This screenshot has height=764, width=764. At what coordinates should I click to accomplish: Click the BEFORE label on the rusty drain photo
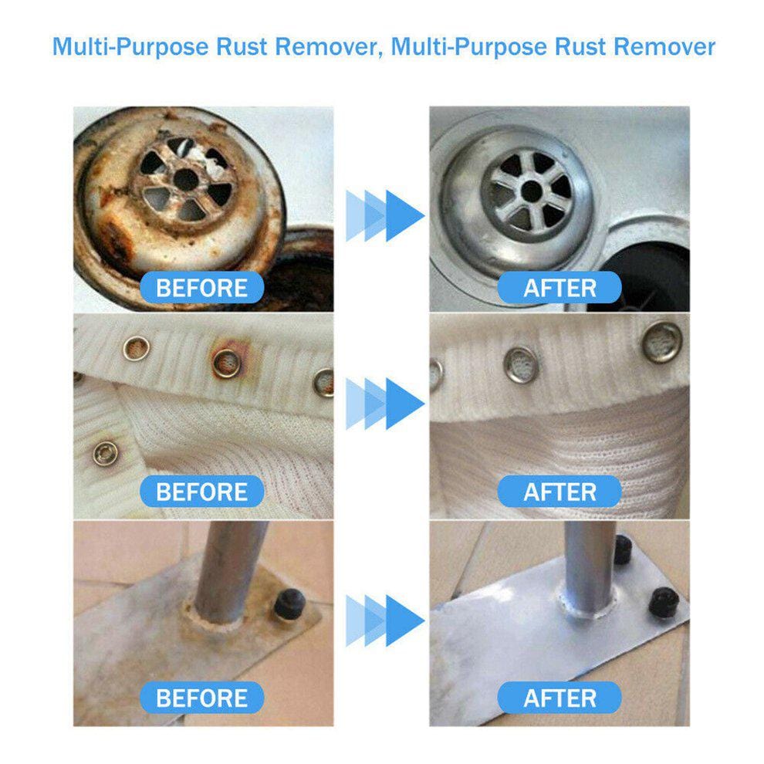click(202, 288)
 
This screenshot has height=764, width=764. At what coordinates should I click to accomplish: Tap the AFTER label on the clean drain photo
click(559, 288)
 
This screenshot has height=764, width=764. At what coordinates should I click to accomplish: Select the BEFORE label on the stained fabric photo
click(202, 492)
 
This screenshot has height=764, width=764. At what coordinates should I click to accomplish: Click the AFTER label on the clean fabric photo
click(559, 492)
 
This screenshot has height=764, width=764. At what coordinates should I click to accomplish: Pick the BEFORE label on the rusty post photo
click(202, 698)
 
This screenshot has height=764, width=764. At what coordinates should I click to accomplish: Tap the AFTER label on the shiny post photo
click(559, 698)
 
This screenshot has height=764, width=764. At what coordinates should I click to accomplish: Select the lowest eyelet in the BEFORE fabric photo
click(103, 454)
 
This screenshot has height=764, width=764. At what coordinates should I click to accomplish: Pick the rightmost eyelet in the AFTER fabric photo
click(662, 340)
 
